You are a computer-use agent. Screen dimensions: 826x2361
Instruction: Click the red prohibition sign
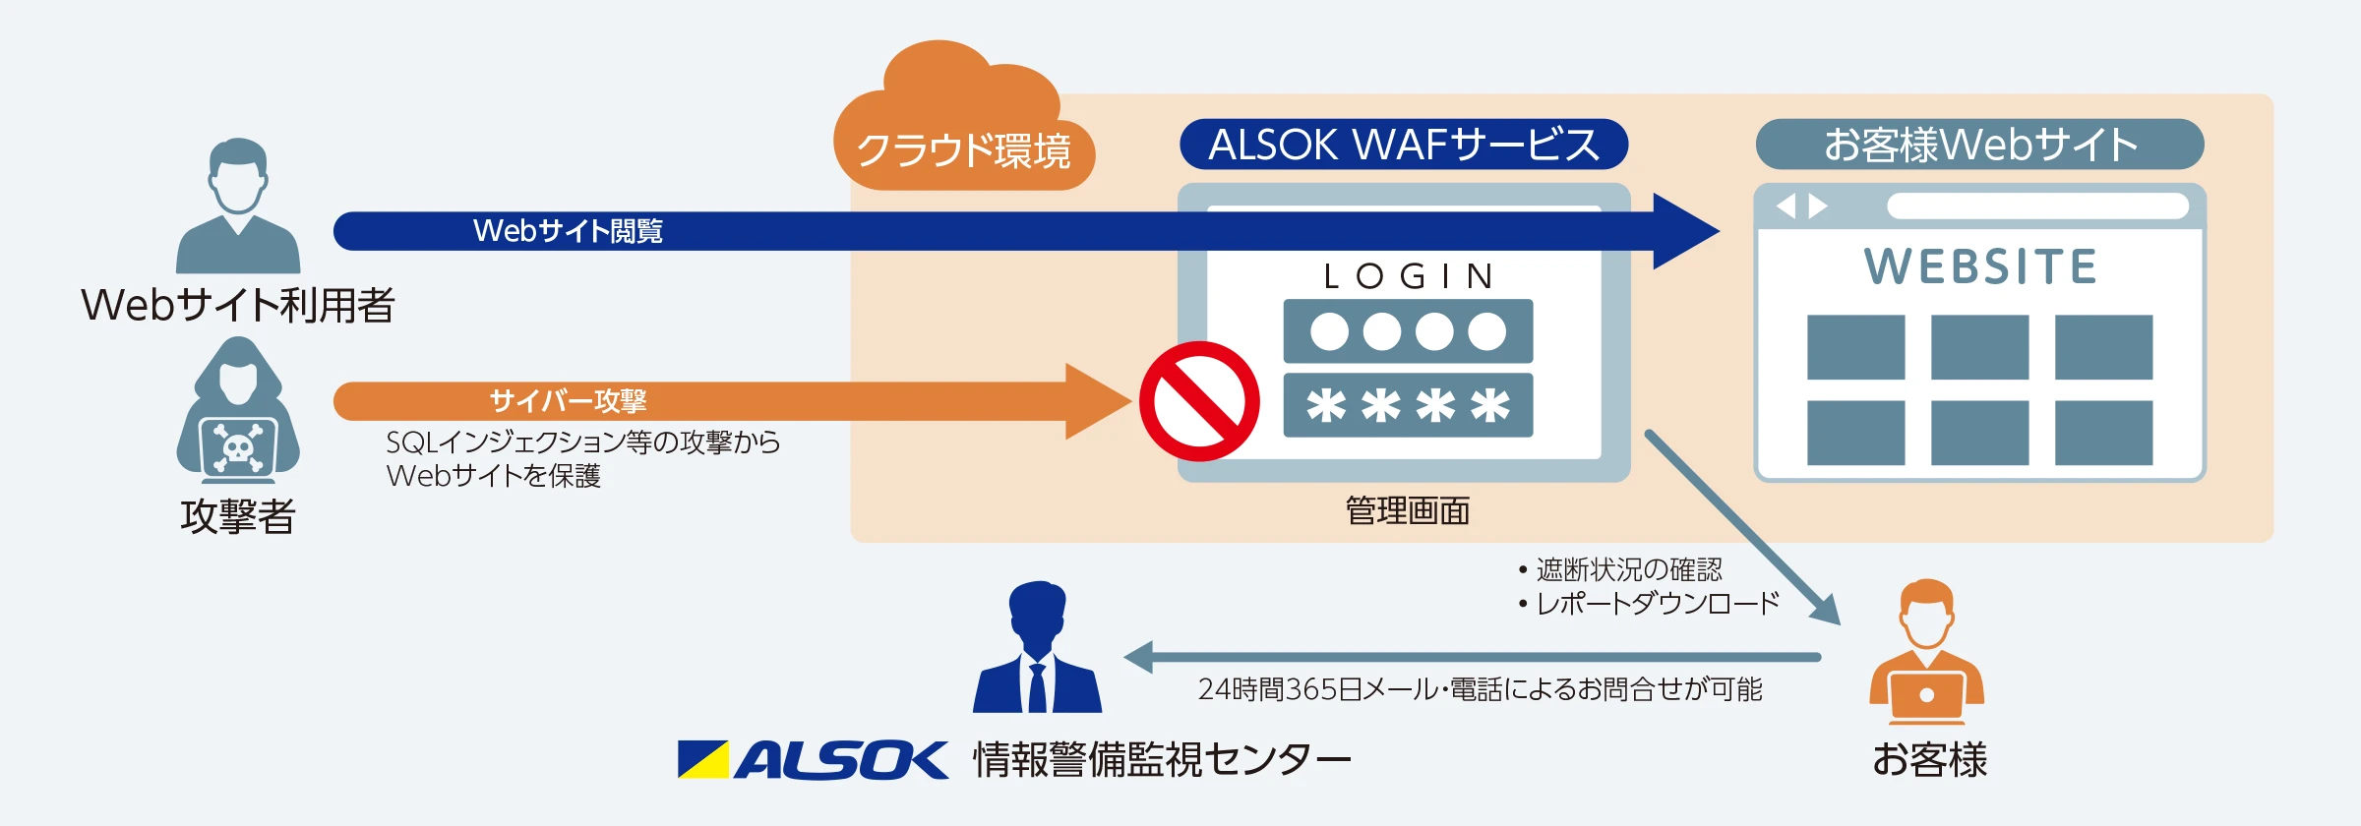pos(1199,401)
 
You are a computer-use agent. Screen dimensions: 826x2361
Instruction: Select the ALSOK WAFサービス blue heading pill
pos(1403,145)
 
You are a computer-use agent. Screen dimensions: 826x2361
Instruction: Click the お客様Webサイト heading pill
pos(1979,145)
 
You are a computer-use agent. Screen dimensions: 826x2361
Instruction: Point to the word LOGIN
pos(1408,276)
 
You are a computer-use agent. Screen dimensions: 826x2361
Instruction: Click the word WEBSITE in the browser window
pos(1980,266)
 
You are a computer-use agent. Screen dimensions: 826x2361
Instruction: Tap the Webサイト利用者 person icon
pos(238,206)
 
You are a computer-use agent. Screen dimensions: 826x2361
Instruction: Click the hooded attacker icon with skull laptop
pos(238,413)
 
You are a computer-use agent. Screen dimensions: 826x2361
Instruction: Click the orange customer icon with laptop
pos(1926,653)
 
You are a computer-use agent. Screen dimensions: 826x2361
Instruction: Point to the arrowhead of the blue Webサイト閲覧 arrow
pos(1684,231)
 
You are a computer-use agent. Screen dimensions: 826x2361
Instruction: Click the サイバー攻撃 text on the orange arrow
pos(568,401)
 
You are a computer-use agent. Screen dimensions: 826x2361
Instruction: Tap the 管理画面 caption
pos(1407,511)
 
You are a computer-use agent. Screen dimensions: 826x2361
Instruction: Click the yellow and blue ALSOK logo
pos(813,760)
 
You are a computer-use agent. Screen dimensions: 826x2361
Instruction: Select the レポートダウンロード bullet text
pos(1658,603)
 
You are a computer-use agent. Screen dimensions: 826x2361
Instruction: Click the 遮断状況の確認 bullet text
pos(1629,569)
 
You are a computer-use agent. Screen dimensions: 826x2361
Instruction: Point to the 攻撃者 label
pos(238,516)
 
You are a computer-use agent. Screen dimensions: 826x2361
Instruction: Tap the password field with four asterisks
pos(1408,405)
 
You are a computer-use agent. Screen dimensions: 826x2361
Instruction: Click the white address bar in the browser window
pos(2037,206)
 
